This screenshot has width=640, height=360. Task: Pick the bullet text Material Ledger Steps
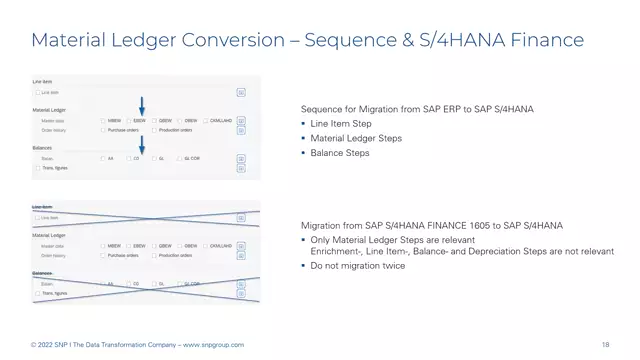click(356, 138)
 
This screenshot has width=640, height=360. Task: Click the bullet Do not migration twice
click(358, 267)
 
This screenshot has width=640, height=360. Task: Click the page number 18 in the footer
click(606, 345)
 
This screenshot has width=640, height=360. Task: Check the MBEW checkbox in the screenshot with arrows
click(102, 121)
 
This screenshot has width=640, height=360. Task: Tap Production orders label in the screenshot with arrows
click(175, 130)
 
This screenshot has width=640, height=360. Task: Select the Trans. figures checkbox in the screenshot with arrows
click(37, 168)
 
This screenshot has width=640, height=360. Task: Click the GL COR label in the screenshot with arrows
click(193, 158)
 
